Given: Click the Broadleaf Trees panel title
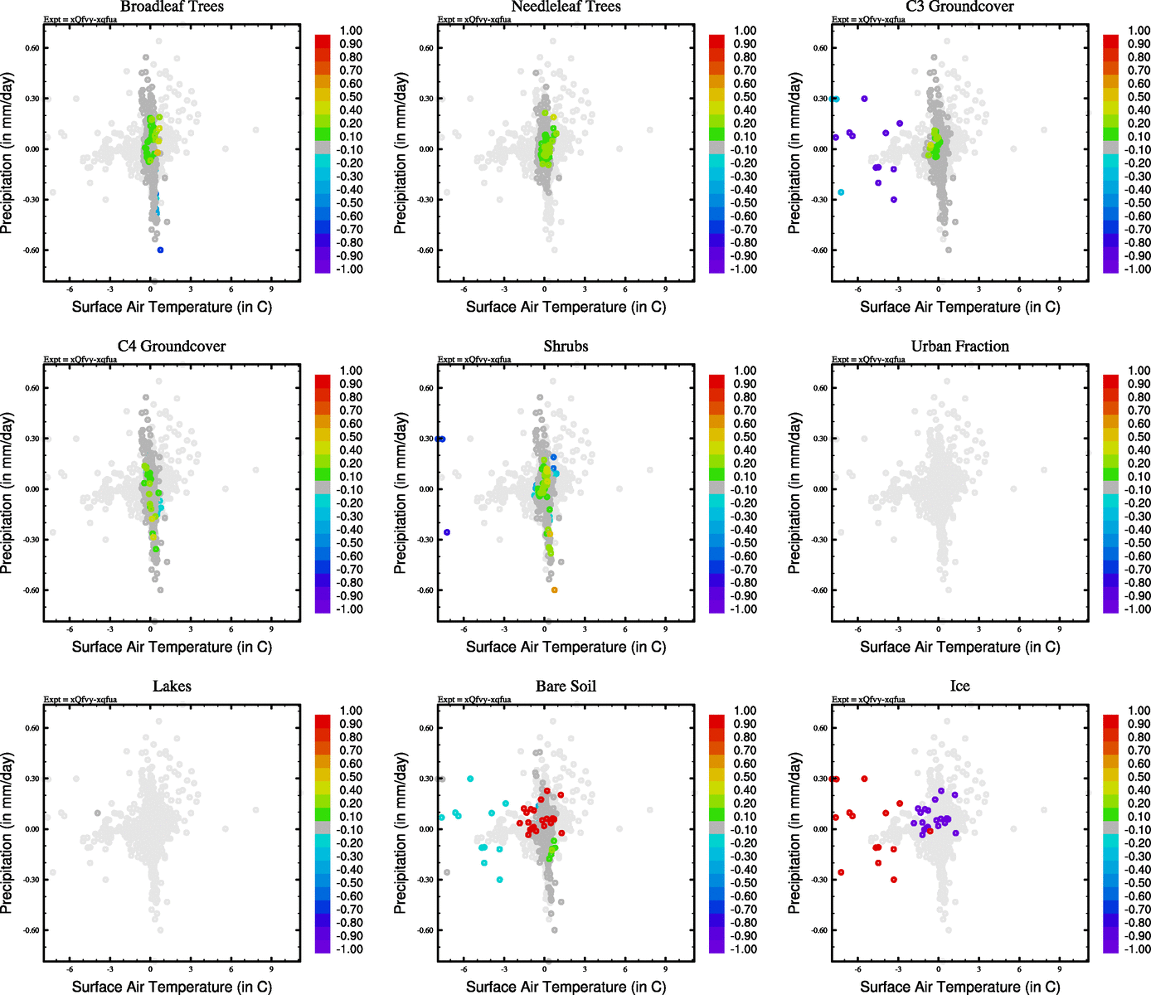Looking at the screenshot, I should (172, 7).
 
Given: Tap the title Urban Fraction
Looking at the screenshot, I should (959, 347).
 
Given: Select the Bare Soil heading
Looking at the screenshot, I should (566, 687).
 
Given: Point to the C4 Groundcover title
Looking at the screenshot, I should (172, 347).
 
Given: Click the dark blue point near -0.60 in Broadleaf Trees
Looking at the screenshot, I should (160, 250).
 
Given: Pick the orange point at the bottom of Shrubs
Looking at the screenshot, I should (554, 590).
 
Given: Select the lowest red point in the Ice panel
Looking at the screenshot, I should (893, 879).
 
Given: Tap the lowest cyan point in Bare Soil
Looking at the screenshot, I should (499, 879).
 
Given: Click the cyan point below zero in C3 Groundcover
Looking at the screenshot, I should (841, 192).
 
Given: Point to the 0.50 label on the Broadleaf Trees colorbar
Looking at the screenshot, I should (351, 97).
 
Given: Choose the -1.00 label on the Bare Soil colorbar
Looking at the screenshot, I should (744, 949).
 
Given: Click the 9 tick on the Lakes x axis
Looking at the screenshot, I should (271, 969).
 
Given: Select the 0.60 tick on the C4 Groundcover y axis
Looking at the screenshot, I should (32, 388).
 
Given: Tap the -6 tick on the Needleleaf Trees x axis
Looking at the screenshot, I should (464, 289).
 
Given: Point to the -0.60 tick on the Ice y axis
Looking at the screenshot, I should (818, 930).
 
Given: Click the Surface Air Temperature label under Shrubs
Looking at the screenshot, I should (566, 647).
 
